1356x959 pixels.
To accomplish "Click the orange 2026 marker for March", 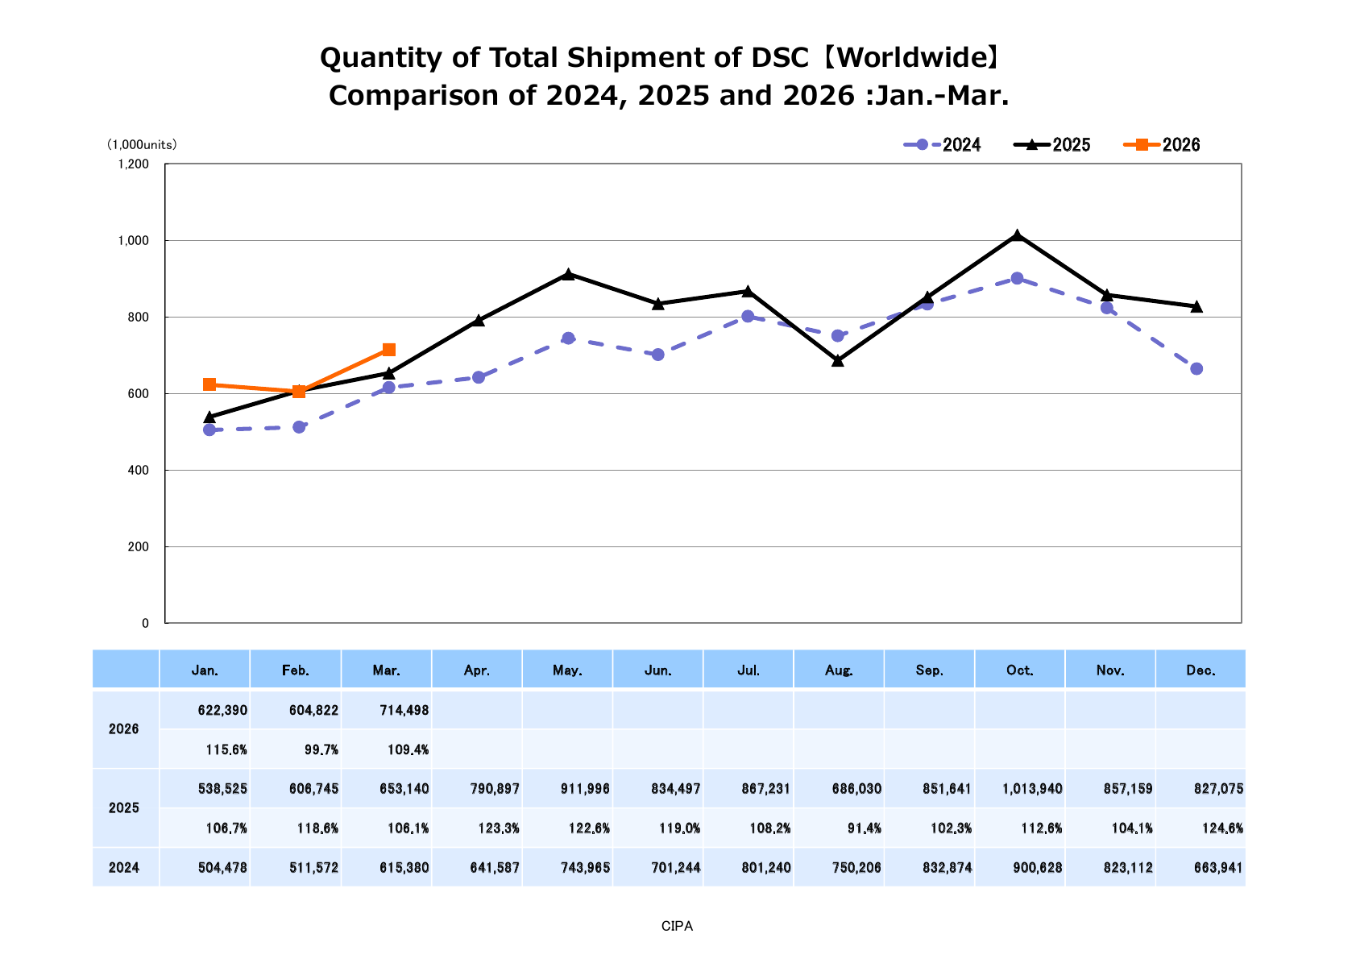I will (x=389, y=350).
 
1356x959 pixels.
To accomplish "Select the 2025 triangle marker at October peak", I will (x=1017, y=235).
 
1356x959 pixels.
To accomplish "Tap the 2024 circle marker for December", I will (x=1196, y=369).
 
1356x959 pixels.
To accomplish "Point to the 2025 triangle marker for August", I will (x=838, y=361).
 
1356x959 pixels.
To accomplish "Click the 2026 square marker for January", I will (x=209, y=384).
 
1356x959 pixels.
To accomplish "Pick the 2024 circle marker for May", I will (x=568, y=338).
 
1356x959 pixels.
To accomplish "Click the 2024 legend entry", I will (x=942, y=145).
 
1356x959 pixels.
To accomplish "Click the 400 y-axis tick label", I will (x=139, y=471).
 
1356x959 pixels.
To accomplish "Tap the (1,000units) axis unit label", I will (x=142, y=145).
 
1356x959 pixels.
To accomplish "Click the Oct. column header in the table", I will (x=1020, y=670).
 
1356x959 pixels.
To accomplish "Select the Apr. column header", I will (x=477, y=670).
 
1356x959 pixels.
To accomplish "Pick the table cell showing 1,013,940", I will (x=1032, y=788).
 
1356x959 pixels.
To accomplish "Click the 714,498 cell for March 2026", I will (x=403, y=711).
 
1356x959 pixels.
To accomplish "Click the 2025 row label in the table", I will (x=124, y=807).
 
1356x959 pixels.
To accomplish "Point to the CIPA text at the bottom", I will (x=677, y=927).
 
